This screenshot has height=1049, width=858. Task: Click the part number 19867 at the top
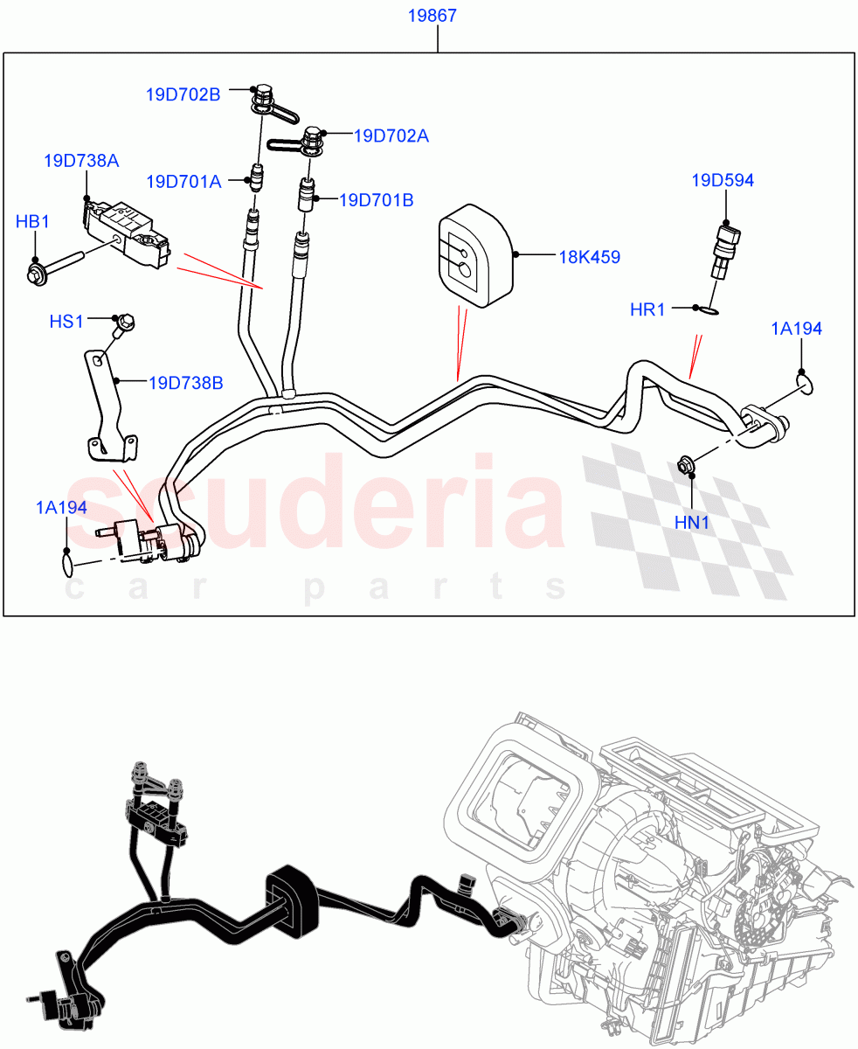(437, 17)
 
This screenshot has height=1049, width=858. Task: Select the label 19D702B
(184, 95)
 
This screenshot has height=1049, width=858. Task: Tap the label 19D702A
(391, 136)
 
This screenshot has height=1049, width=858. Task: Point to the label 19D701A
(183, 182)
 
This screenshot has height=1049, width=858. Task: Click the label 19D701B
(376, 200)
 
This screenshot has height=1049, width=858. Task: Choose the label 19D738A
(81, 161)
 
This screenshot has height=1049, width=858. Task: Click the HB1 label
(32, 222)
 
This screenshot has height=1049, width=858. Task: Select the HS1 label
(66, 322)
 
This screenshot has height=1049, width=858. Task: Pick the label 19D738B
(185, 382)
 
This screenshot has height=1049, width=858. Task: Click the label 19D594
(723, 181)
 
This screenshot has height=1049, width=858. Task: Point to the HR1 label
(647, 309)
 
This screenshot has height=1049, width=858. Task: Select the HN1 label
(692, 523)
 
